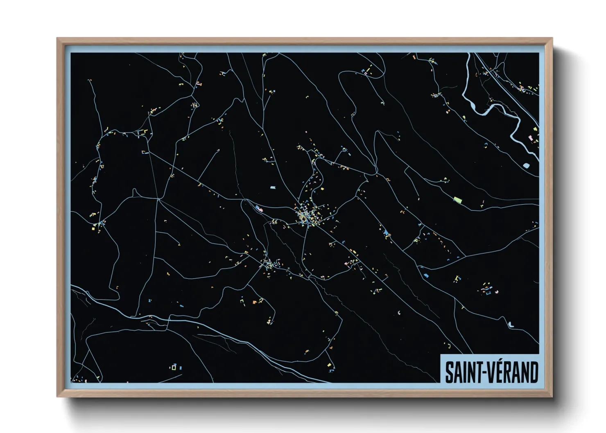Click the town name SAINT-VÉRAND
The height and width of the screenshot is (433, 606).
click(491, 372)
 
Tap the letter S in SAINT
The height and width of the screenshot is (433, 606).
click(450, 372)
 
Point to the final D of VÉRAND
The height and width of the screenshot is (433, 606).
click(533, 372)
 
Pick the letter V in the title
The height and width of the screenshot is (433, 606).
click(488, 372)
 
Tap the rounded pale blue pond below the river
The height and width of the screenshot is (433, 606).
click(526, 165)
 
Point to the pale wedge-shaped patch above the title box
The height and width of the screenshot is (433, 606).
click(511, 324)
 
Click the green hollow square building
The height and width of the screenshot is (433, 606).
click(174, 368)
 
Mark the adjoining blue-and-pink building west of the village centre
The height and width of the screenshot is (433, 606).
click(259, 209)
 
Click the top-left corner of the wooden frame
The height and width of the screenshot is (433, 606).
click(58, 39)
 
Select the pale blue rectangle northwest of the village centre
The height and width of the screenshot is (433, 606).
click(273, 187)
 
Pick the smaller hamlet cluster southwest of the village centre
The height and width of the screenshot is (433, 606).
click(268, 263)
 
